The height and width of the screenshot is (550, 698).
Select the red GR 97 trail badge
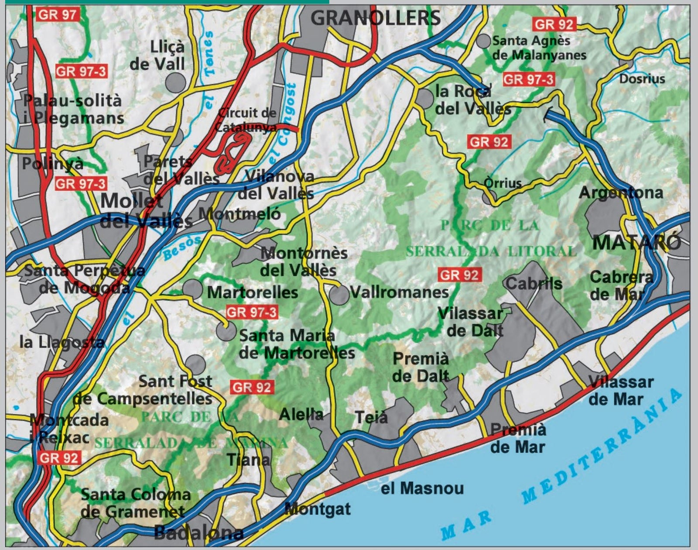(58, 14)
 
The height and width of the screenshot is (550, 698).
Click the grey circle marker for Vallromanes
(339, 295)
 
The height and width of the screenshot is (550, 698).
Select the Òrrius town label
(503, 183)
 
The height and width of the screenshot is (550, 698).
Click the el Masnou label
(422, 488)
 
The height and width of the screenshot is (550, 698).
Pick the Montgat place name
(317, 509)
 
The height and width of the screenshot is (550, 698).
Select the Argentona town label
(621, 192)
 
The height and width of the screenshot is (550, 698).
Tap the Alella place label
(301, 414)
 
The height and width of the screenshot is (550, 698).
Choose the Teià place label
(371, 417)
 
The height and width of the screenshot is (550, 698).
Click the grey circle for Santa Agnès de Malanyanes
(483, 41)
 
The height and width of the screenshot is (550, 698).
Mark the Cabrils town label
(534, 284)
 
